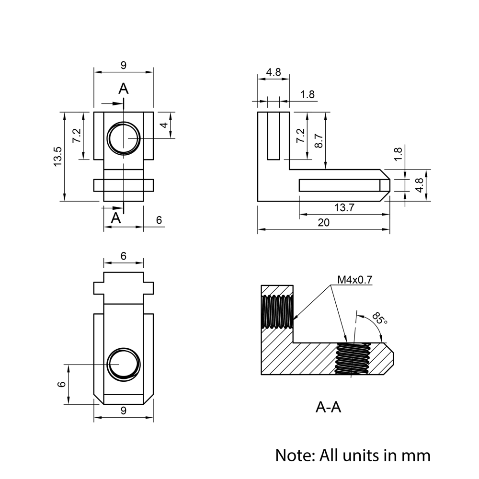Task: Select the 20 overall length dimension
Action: click(324, 223)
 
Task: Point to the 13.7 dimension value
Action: click(344, 207)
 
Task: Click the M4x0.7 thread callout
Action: click(355, 280)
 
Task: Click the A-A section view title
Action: click(329, 407)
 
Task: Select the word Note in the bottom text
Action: click(292, 455)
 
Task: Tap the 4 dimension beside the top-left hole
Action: click(164, 125)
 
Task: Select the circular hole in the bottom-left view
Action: click(124, 365)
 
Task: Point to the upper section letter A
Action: click(124, 89)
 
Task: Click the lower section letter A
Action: click(116, 218)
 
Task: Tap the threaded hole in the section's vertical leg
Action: click(277, 311)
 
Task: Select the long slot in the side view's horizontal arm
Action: click(340, 185)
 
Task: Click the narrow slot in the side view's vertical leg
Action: click(274, 136)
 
